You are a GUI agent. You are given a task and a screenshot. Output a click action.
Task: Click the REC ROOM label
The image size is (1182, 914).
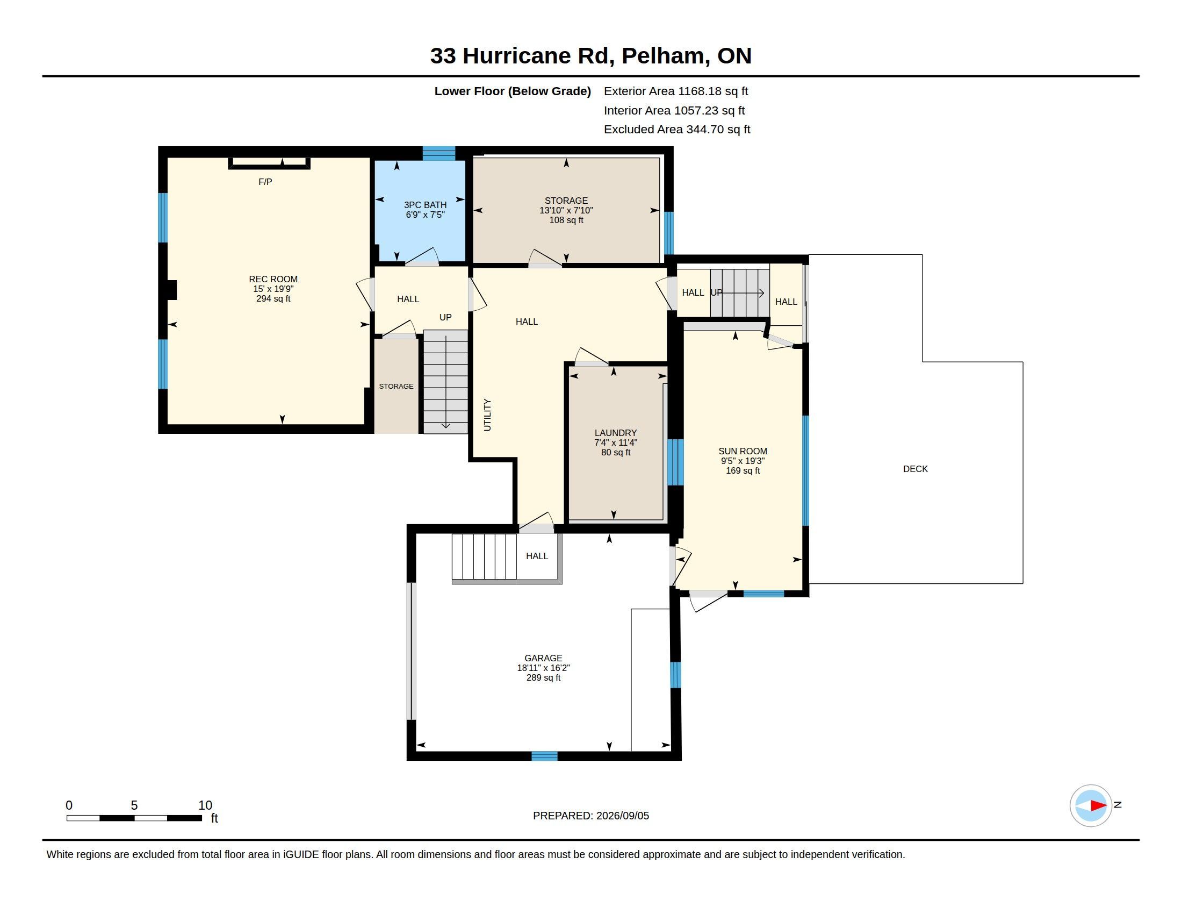273,279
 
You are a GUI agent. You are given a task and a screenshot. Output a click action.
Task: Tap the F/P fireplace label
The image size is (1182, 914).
265,182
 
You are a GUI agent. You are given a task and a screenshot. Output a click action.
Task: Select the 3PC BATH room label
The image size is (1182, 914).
426,205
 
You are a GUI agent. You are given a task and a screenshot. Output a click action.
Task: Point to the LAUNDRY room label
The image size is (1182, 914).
615,433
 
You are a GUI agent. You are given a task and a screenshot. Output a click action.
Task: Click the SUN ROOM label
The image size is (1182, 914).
743,451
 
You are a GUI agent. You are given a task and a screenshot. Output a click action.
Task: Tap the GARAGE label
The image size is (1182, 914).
543,659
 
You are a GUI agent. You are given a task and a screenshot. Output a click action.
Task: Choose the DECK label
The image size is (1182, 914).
915,469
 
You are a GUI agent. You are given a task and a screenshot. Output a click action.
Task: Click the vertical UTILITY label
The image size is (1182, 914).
487,415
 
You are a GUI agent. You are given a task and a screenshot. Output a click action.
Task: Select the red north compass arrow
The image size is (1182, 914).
1098,806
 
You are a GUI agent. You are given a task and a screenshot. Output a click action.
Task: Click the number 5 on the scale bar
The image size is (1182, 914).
134,805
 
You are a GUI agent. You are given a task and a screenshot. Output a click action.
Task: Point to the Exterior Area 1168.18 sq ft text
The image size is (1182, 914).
676,91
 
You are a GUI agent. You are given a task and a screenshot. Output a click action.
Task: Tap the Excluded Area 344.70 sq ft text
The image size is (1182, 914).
677,130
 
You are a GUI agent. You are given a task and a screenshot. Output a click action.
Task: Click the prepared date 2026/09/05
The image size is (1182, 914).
622,816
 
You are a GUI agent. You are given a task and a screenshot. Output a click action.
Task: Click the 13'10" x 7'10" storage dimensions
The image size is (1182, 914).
566,210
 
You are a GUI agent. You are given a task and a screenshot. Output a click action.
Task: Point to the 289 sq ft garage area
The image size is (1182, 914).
543,677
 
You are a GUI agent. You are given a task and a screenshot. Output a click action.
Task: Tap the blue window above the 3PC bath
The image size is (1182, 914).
439,153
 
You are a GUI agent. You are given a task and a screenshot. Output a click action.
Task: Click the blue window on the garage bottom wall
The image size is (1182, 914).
544,756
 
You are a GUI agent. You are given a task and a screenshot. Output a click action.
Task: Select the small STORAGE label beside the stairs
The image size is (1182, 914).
396,386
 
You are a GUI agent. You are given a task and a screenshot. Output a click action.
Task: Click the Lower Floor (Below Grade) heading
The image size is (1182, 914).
513,91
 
